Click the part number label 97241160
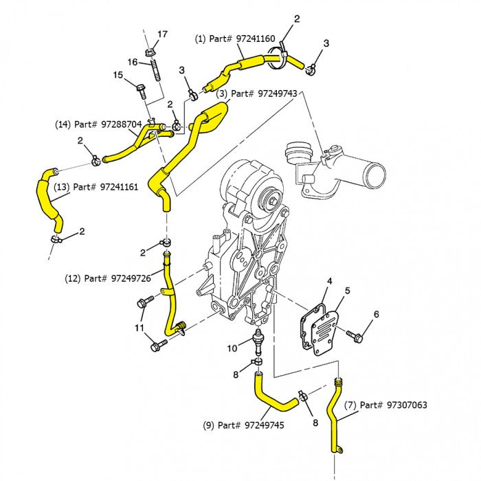[x=235, y=40]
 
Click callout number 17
[x=162, y=34]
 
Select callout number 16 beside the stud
[x=133, y=62]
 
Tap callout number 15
[x=118, y=75]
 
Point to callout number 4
[x=329, y=281]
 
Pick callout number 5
[x=347, y=290]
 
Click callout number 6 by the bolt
[x=376, y=314]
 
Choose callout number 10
[x=232, y=348]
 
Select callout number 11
[x=140, y=328]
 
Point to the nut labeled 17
[x=151, y=52]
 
